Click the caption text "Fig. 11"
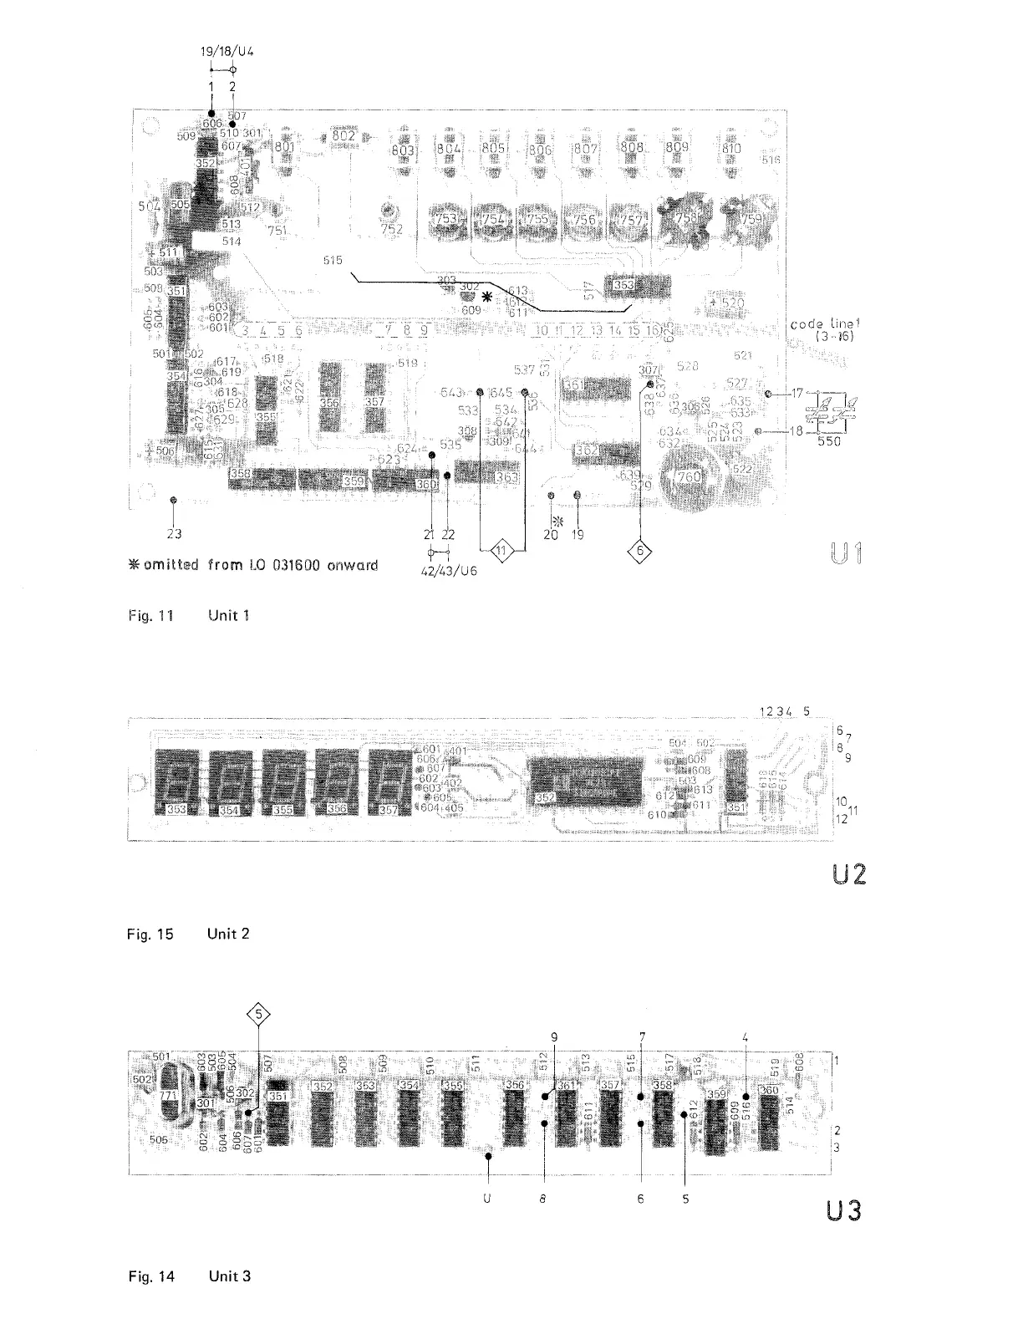[x=150, y=616]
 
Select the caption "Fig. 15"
[x=150, y=934]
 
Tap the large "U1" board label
[x=848, y=554]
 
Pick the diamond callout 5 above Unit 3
[x=259, y=1016]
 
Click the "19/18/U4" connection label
[x=226, y=51]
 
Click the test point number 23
[x=173, y=532]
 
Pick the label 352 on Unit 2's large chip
[x=545, y=798]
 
